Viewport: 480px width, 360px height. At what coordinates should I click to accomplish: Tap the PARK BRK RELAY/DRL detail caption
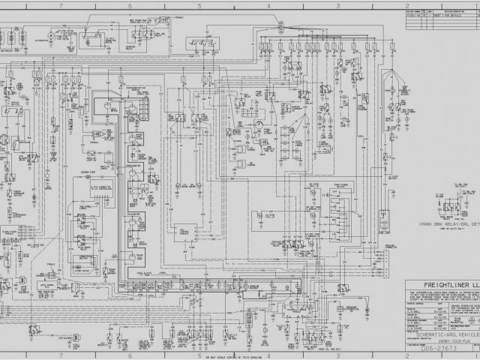(x=448, y=224)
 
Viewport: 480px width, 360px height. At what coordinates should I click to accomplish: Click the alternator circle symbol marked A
(x=50, y=35)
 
